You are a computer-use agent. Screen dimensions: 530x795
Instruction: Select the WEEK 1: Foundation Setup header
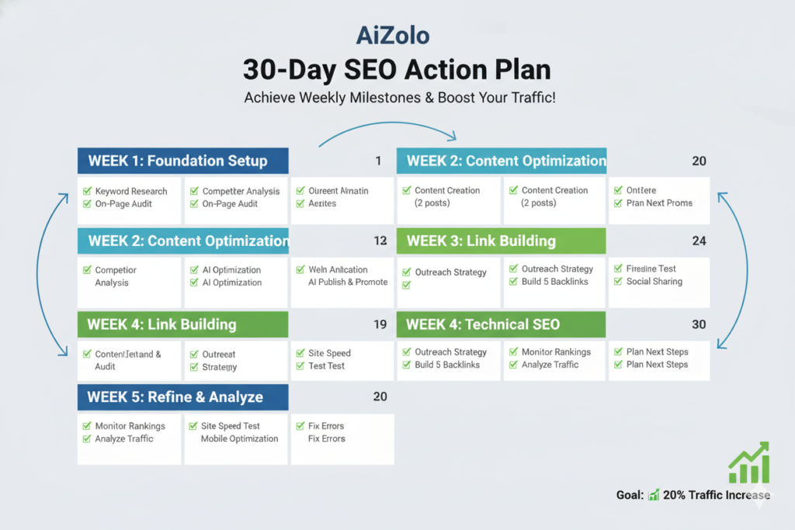tap(182, 161)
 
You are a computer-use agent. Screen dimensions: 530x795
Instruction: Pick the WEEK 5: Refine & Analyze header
tap(182, 397)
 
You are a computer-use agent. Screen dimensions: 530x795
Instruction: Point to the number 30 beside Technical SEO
tap(699, 324)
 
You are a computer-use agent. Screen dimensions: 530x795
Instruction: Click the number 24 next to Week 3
tap(699, 241)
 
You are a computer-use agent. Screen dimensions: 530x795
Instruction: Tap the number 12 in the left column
tap(380, 241)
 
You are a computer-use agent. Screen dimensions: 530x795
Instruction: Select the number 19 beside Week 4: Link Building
tap(380, 324)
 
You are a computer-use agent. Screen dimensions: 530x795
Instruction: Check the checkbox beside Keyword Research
tap(88, 191)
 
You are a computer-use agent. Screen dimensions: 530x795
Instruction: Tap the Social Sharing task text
tap(654, 282)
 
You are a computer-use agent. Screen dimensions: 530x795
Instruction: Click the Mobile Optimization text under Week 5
tap(239, 438)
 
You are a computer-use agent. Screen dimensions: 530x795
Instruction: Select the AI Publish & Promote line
tap(348, 282)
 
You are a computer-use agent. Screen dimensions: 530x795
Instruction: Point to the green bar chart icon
tap(748, 464)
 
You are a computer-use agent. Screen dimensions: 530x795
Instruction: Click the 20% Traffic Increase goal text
tap(717, 495)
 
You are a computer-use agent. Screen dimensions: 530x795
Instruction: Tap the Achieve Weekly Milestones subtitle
tap(400, 99)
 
